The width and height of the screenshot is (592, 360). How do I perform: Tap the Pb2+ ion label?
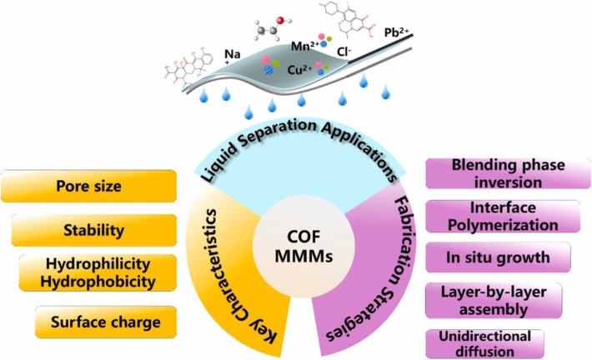point(396,33)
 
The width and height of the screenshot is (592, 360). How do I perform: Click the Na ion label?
point(233,55)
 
